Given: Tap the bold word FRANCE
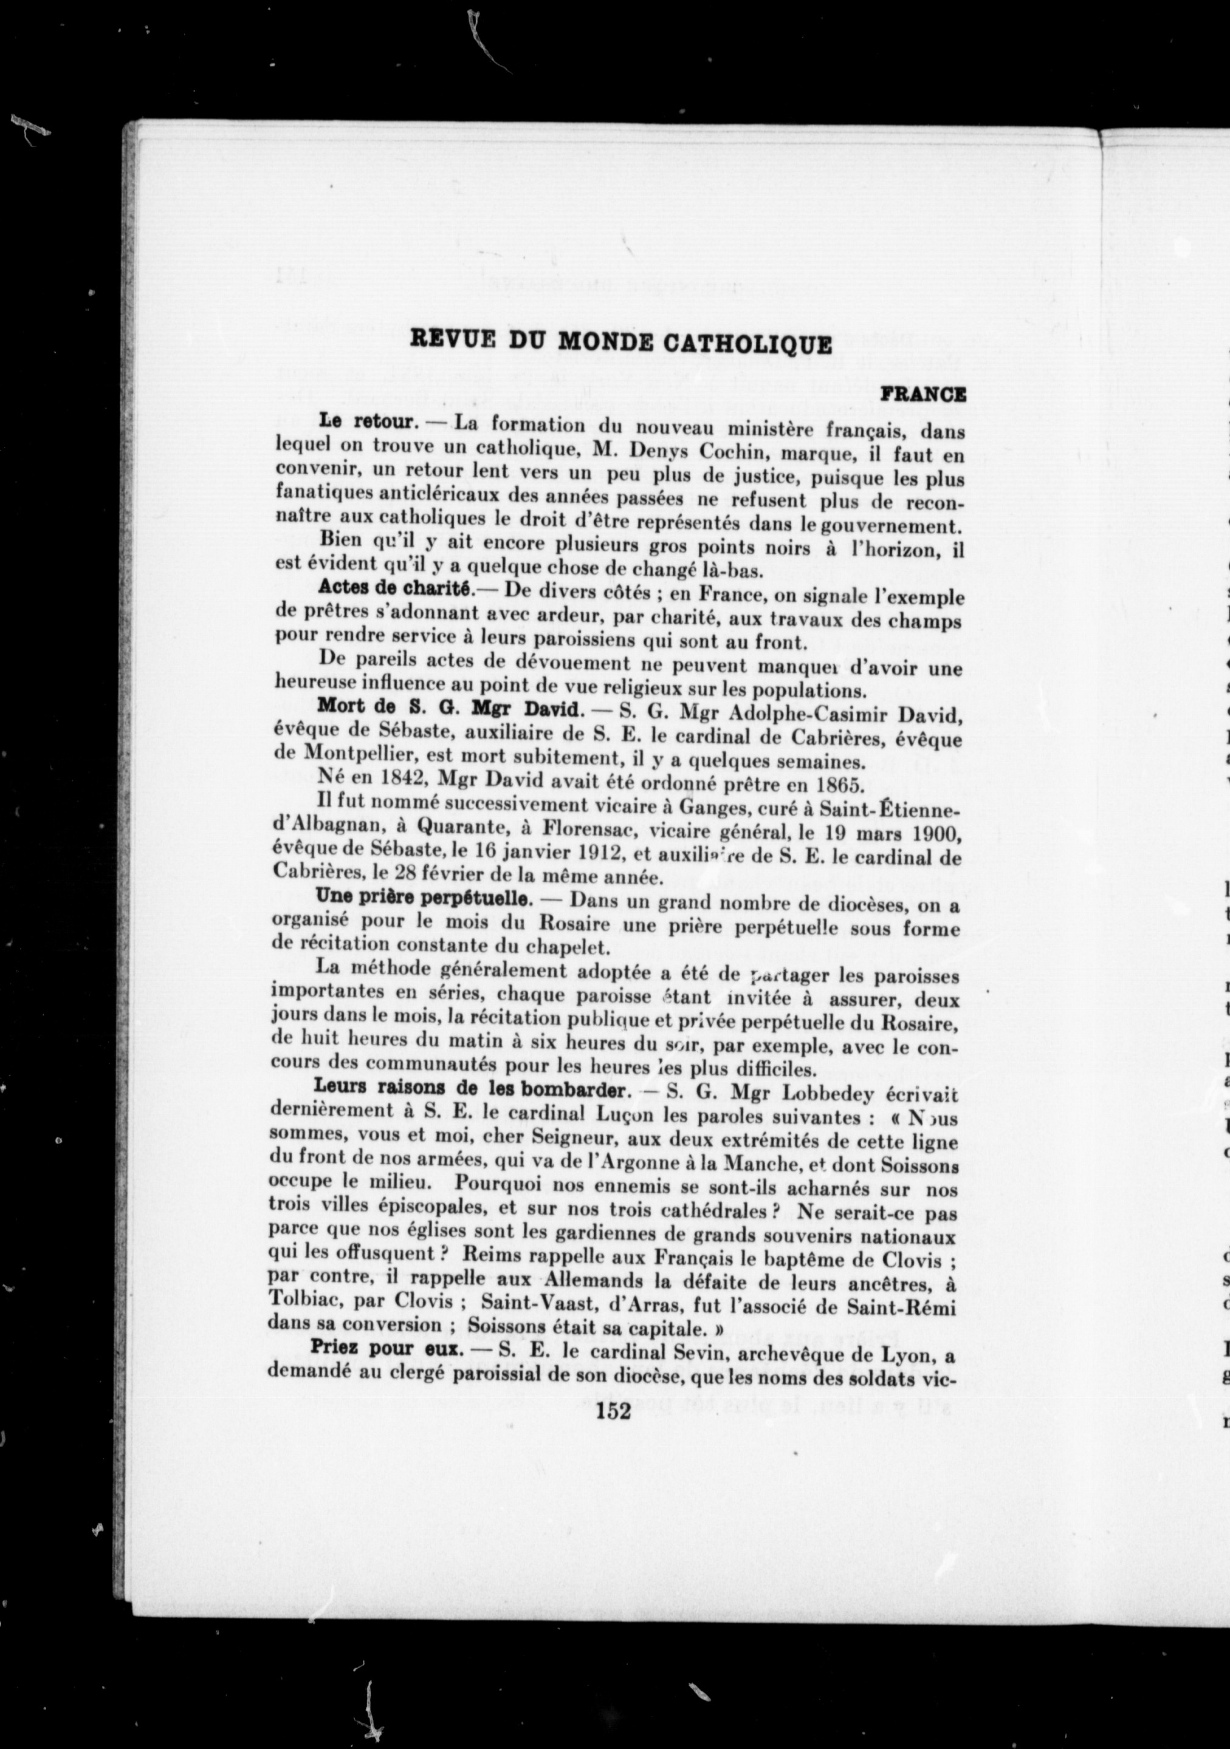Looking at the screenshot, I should tap(923, 395).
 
